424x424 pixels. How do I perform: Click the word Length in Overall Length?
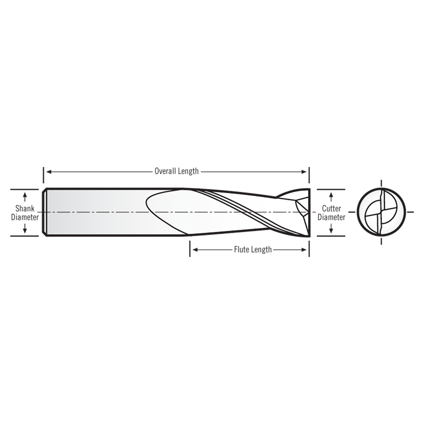[188, 171]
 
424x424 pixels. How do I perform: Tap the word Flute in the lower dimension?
[241, 249]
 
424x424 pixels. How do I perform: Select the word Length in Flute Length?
[262, 249]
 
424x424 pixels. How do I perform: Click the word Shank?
[25, 209]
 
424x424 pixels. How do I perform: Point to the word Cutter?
[331, 209]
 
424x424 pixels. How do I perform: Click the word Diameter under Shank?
[25, 217]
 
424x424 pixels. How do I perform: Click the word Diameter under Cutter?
[331, 217]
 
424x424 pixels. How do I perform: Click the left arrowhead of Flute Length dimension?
[195, 249]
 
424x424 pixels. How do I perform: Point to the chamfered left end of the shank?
[44, 212]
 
